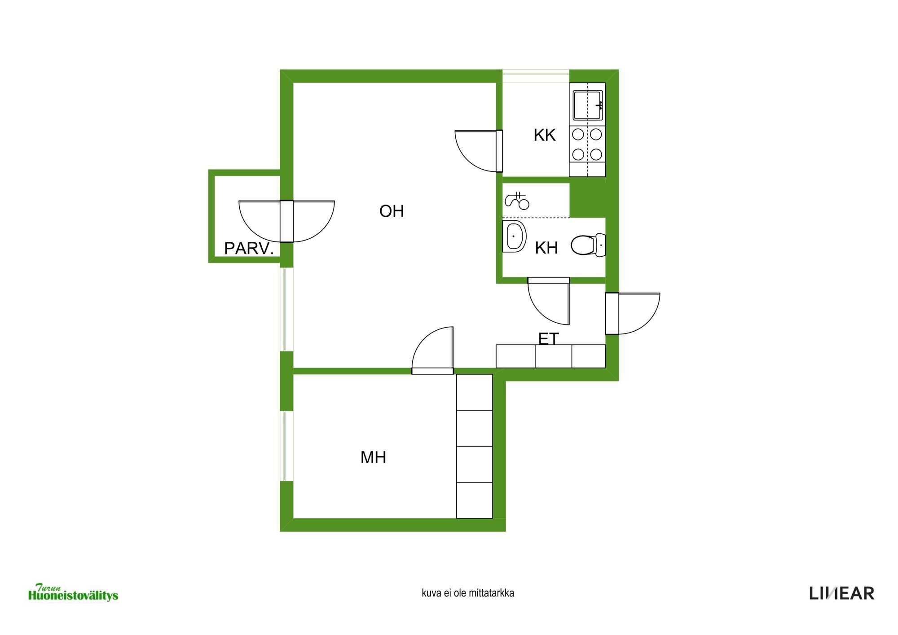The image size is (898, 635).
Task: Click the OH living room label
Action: coord(392,211)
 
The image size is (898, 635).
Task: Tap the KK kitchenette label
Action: coord(545,135)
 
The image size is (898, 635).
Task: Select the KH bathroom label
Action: coord(546,248)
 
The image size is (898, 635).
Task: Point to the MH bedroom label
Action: coord(373,458)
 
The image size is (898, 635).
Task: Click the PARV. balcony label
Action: coord(249,248)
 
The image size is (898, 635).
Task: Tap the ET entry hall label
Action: coord(548,339)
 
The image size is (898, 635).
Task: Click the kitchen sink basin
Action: coord(588,105)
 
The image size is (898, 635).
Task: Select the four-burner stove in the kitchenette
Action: coord(587,144)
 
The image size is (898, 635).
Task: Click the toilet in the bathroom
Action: coord(588,245)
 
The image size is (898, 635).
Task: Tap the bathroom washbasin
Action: coord(514,236)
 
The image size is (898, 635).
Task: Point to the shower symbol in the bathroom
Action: coord(517,201)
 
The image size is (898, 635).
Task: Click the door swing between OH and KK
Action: coord(469,157)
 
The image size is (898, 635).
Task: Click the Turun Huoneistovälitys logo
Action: coord(73,592)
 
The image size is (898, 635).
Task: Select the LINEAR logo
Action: coord(842,593)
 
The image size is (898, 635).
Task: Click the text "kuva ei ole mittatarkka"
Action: coord(468,593)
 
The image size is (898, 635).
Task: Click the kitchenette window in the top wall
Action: coord(536,76)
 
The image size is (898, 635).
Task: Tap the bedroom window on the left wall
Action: coord(287,446)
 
